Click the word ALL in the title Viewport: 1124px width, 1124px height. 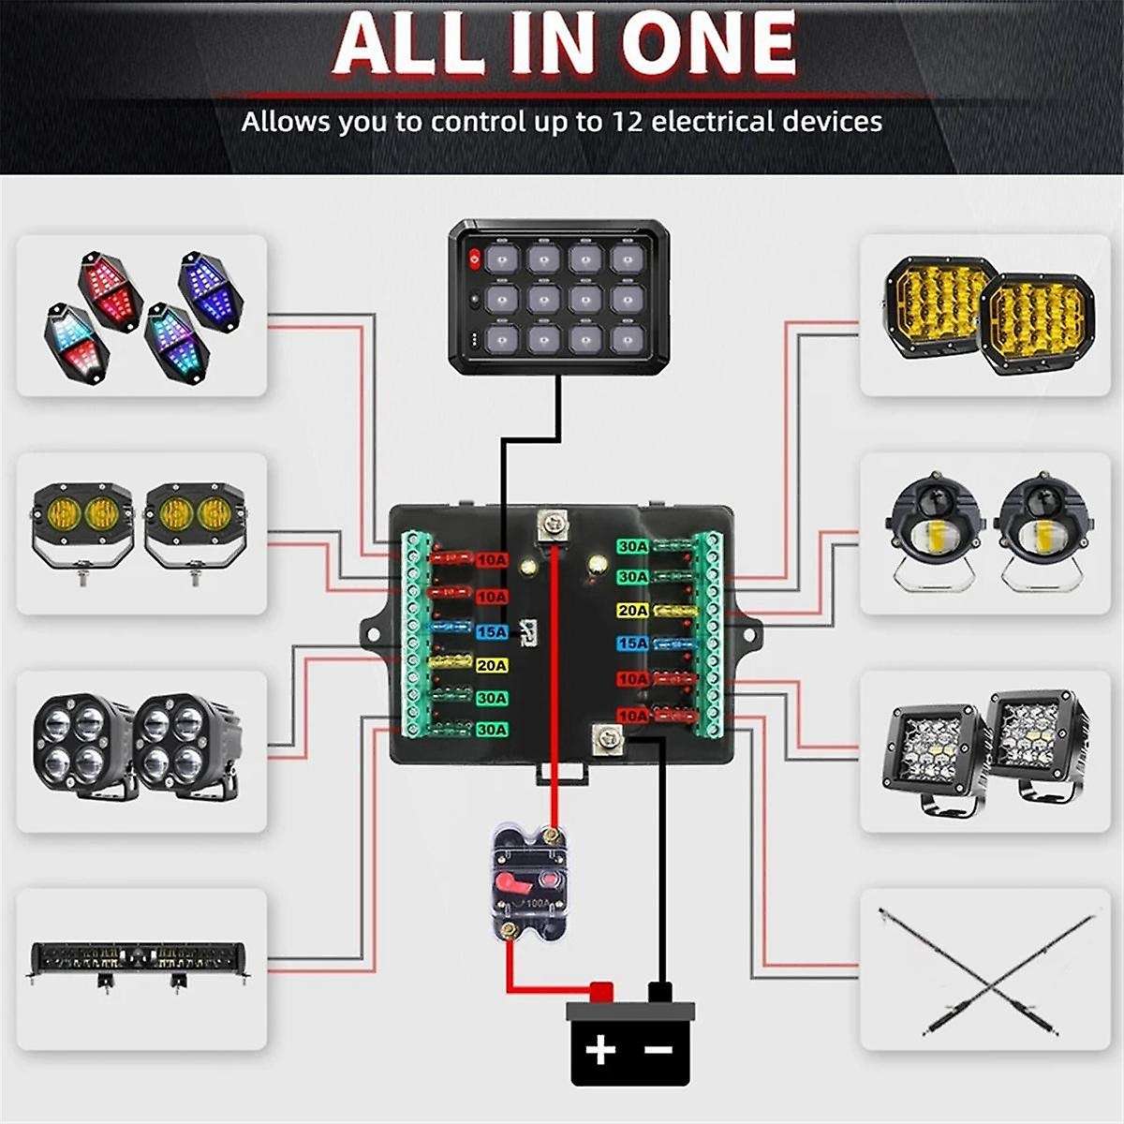[x=409, y=42]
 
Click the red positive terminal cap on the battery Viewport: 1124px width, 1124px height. [x=600, y=991]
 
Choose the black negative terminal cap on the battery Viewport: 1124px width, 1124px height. [x=660, y=991]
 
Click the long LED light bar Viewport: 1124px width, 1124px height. [x=140, y=960]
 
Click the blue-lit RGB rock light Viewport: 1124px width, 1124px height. [x=213, y=285]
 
